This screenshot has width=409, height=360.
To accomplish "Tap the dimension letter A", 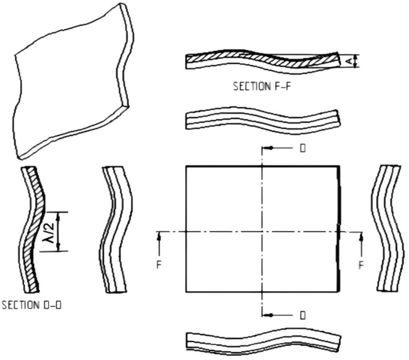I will pos(350,60).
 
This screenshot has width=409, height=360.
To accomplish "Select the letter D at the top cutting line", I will pos(303,147).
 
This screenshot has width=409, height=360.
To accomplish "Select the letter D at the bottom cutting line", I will pos(303,314).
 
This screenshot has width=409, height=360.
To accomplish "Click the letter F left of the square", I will pos(159,263).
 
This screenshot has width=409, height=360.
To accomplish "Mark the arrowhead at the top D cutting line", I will pos(269,147).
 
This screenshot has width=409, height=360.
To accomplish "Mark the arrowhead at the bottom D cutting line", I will pos(269,314).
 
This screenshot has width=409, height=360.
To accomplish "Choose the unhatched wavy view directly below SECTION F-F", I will pos(263,118).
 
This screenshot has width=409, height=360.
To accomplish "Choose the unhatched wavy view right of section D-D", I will pos(113,230).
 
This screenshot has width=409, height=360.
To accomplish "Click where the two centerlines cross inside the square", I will pos(262,231).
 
